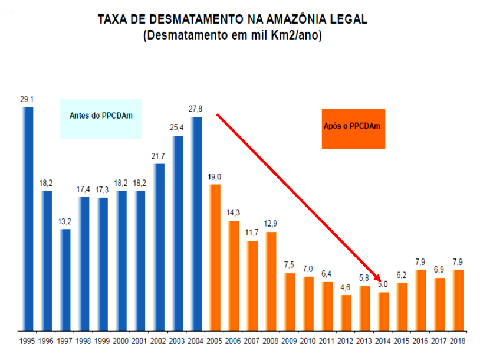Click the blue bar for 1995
[x=28, y=218]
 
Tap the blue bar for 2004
[x=197, y=224]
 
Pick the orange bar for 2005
[x=215, y=257]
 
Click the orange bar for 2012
[x=346, y=312]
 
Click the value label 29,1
[x=27, y=99]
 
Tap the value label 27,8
[x=196, y=109]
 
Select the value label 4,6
[x=346, y=287]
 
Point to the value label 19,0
[x=215, y=176]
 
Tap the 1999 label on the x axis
[x=103, y=342]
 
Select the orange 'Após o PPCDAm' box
[x=353, y=129]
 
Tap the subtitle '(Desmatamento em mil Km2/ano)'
[x=233, y=35]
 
